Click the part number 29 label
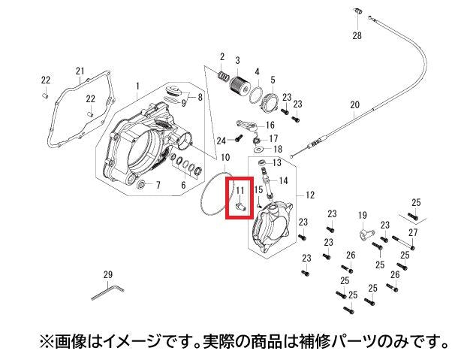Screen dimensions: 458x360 click(108, 274)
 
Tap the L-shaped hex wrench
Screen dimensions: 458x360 click(107, 292)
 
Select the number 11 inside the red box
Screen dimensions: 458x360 click(240, 190)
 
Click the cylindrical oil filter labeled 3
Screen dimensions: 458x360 click(240, 85)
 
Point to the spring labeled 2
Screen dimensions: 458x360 click(224, 77)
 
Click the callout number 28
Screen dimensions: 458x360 click(357, 35)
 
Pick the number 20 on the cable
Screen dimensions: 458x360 click(354, 104)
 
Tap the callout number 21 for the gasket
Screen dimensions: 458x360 click(80, 71)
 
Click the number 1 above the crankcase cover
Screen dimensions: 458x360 click(137, 86)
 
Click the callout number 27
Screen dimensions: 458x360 click(413, 233)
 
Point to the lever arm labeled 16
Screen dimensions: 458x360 click(247, 124)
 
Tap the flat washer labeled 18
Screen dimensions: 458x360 click(258, 150)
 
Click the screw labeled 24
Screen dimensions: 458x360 click(239, 138)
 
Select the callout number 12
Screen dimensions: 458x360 click(310, 195)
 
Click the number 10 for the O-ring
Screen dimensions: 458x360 click(225, 158)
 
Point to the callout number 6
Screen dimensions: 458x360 click(183, 185)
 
